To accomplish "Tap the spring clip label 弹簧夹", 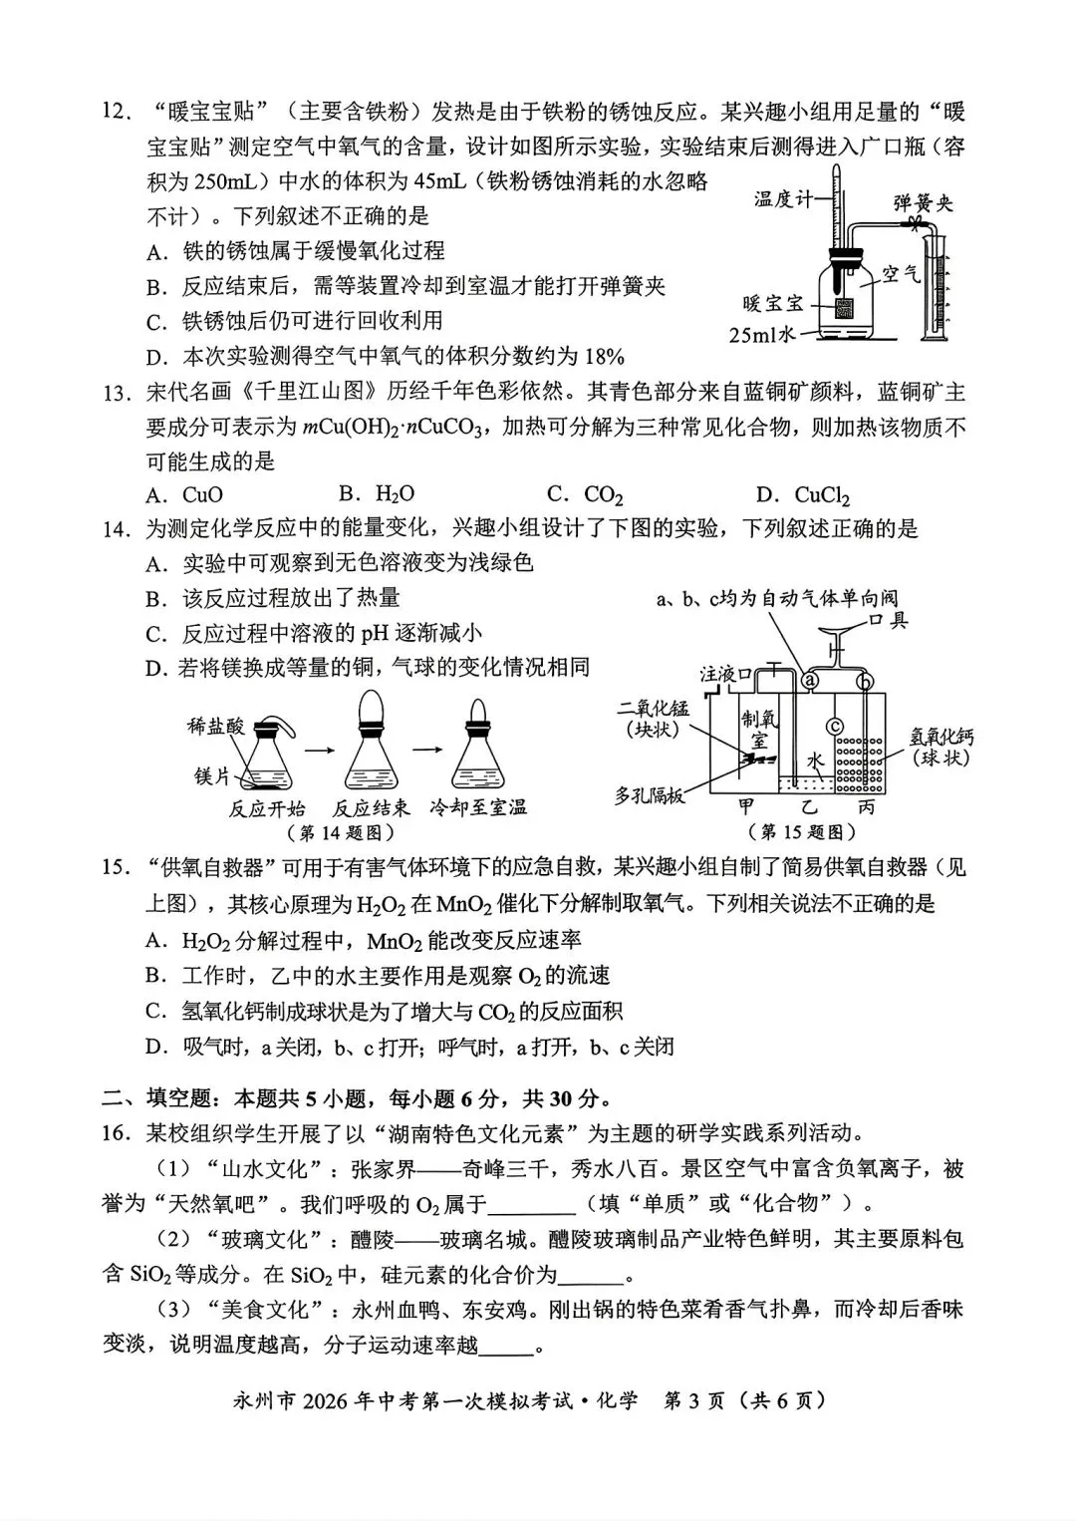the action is tap(923, 202).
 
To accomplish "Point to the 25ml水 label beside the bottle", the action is tap(762, 335).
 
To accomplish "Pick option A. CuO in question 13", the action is tap(185, 495).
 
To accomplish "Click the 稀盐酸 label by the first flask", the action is tap(216, 727).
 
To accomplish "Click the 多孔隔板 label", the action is tap(650, 796).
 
